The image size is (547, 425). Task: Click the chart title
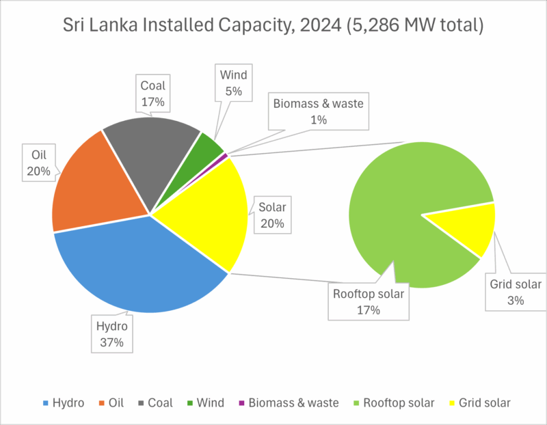tap(273, 27)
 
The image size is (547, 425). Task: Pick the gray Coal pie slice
tap(147, 150)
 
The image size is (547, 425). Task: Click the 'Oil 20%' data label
tap(38, 162)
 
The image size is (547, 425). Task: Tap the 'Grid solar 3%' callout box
tap(516, 292)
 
